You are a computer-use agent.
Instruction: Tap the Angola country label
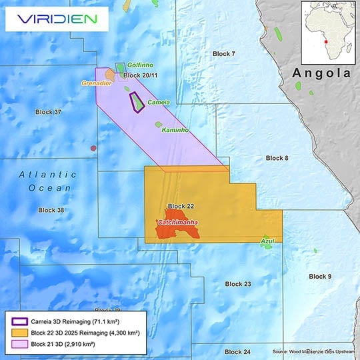(321, 73)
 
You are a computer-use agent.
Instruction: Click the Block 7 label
(224, 53)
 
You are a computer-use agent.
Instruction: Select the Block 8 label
(277, 158)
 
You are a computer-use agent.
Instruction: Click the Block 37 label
(48, 111)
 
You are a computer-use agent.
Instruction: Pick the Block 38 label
(51, 210)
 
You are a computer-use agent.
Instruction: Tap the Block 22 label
(181, 206)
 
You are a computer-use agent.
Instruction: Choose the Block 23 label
(238, 284)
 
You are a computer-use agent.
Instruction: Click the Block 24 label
(237, 351)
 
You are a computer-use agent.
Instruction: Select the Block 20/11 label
(140, 77)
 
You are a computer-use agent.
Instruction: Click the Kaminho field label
(176, 129)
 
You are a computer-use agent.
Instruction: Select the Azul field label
(267, 239)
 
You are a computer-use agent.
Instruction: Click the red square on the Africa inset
(325, 41)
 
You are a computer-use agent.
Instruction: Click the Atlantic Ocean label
(47, 181)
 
